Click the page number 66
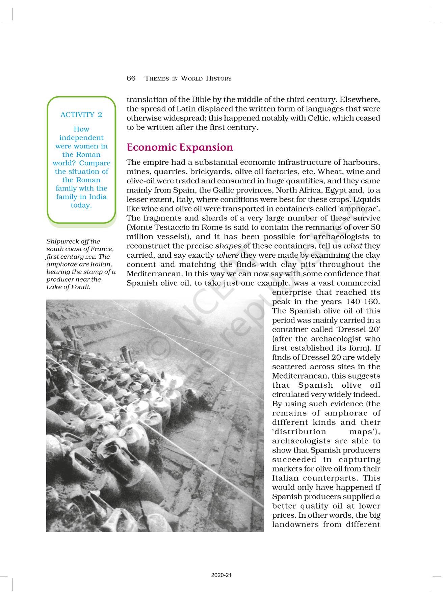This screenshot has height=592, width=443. tap(131, 78)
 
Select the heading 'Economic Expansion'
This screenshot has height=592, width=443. tap(180, 147)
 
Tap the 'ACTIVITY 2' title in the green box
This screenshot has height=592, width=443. tap(81, 115)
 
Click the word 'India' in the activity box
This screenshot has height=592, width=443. tap(98, 197)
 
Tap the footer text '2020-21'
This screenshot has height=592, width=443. tap(221, 575)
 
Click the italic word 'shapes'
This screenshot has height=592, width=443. tap(228, 246)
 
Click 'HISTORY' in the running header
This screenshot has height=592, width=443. tap(218, 79)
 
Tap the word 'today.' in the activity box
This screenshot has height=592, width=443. tap(81, 205)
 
